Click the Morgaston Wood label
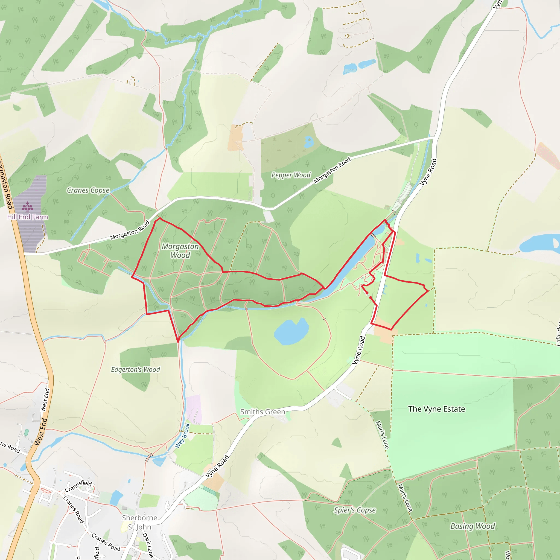(x=180, y=251)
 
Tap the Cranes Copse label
(x=88, y=190)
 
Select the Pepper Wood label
(x=291, y=175)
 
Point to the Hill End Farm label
(x=28, y=217)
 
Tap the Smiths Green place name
(x=262, y=412)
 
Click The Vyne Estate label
(x=436, y=409)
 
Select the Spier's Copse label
(x=355, y=510)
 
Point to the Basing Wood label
(x=472, y=526)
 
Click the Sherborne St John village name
(x=139, y=522)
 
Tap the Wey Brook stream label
(x=183, y=436)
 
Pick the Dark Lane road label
(x=148, y=545)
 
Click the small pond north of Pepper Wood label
(x=308, y=141)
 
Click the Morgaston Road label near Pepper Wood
(x=332, y=170)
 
